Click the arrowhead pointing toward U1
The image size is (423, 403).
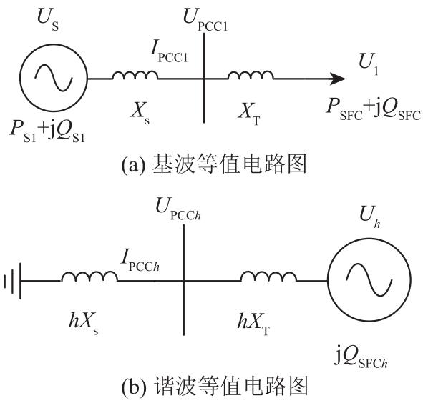click(x=338, y=79)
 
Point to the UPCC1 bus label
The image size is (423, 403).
click(x=205, y=20)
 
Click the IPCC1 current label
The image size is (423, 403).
click(x=169, y=53)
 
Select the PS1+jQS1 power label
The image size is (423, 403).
click(x=47, y=131)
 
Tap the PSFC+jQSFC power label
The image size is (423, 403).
click(x=374, y=109)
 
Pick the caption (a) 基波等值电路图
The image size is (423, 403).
click(x=214, y=164)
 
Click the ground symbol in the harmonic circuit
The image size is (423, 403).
click(x=13, y=281)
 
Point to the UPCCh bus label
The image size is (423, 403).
click(x=178, y=209)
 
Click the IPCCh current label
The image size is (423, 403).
click(x=140, y=260)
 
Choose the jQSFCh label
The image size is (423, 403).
click(x=361, y=357)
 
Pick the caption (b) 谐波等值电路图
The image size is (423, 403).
click(x=215, y=387)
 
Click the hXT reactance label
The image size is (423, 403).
click(x=253, y=322)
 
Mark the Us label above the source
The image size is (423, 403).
click(x=48, y=19)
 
